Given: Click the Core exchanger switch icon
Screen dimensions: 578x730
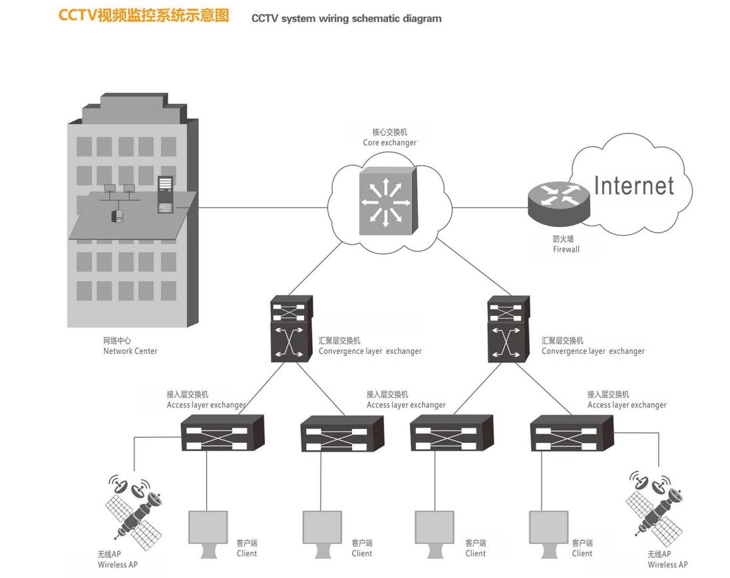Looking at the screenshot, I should (x=389, y=201).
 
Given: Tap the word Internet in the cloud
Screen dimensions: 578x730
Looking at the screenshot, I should (x=634, y=186).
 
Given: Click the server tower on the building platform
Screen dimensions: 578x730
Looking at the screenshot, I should (x=166, y=194).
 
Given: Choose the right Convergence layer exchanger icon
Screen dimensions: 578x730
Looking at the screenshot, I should (x=509, y=329).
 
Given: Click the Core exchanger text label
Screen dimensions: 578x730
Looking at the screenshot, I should (x=390, y=143).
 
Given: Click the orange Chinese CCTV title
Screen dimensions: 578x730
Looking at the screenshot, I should (x=144, y=16).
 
